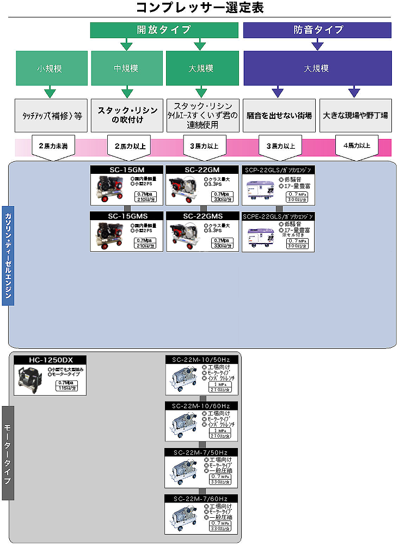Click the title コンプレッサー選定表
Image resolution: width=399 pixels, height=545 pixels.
click(x=199, y=8)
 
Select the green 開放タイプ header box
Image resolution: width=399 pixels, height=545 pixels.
click(x=164, y=30)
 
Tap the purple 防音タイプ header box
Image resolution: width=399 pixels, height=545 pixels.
click(x=317, y=30)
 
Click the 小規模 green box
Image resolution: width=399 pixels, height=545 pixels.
click(x=51, y=69)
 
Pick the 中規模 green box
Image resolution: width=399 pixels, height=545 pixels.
click(x=126, y=69)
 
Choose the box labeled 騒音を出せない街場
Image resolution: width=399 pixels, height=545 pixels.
click(x=278, y=116)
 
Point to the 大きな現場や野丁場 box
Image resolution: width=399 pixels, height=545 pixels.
click(x=355, y=116)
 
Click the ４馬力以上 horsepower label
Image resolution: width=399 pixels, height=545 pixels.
click(x=357, y=146)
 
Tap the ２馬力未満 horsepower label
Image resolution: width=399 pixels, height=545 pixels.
click(x=52, y=146)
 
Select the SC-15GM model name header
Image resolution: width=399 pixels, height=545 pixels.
click(x=126, y=169)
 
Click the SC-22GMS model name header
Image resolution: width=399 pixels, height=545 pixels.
click(x=202, y=216)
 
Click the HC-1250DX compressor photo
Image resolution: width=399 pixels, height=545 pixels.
click(x=30, y=379)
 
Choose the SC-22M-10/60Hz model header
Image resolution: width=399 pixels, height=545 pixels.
click(x=201, y=406)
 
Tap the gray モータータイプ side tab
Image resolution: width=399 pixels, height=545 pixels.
click(x=8, y=453)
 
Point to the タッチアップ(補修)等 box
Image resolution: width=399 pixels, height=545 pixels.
click(x=52, y=116)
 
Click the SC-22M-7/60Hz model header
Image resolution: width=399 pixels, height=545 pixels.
click(x=201, y=499)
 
